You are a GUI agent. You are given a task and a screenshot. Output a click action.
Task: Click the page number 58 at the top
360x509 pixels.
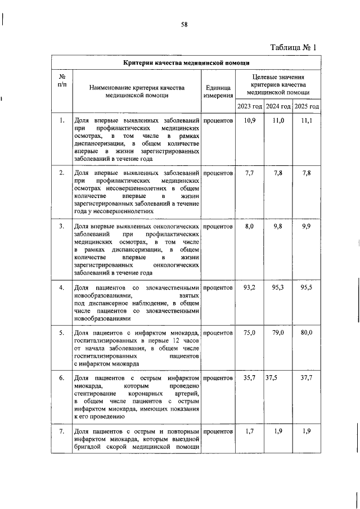(x=184, y=24)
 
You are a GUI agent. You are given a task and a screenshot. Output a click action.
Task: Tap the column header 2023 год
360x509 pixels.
(x=250, y=106)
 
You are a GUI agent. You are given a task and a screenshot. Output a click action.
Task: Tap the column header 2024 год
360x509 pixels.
(x=278, y=106)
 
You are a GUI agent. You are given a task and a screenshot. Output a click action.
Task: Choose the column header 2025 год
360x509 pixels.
(x=307, y=106)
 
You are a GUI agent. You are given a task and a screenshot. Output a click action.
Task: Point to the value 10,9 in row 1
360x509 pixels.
(x=250, y=121)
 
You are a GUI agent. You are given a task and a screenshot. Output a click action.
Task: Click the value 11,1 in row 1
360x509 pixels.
(x=307, y=121)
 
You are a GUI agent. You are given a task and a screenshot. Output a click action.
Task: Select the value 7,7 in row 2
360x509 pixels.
(x=250, y=173)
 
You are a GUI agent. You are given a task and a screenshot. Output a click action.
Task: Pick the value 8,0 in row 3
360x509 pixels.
(x=250, y=226)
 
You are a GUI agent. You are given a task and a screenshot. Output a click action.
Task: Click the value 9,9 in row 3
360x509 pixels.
(x=307, y=226)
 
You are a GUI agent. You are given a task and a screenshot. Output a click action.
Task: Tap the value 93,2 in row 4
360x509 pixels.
(x=250, y=287)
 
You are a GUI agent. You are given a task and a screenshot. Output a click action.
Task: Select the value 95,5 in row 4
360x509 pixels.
(x=307, y=287)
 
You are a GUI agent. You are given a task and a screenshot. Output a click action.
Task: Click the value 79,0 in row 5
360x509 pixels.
(x=278, y=333)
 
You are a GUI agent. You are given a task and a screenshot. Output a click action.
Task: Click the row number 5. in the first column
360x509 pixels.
(x=62, y=333)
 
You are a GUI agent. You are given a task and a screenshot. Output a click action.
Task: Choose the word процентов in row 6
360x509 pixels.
(x=218, y=378)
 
